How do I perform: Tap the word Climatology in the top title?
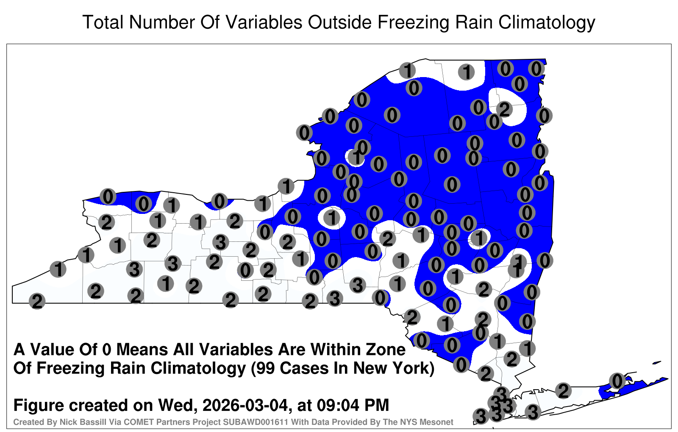547,23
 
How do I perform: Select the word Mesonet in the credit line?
439,422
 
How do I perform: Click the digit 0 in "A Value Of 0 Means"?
107,350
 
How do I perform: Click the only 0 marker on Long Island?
617,381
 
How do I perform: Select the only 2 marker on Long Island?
563,391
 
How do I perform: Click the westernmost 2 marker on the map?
37,301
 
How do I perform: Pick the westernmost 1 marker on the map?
58,269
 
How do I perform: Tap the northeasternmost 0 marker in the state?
536,69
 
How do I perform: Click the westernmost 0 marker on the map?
108,197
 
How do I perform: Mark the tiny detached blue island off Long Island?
657,363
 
